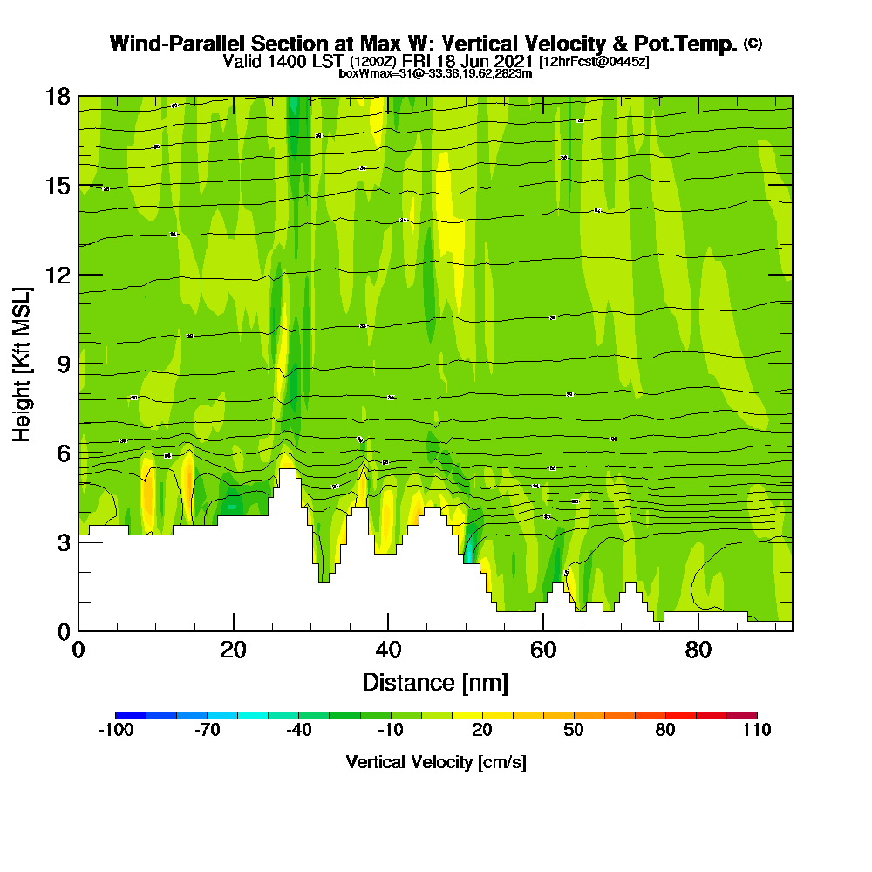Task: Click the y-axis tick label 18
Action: point(58,96)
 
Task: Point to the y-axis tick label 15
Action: point(58,185)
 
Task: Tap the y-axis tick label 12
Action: point(58,275)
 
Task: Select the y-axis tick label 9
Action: point(64,364)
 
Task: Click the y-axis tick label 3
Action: point(64,542)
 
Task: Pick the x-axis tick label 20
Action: point(234,650)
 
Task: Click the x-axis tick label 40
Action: point(388,650)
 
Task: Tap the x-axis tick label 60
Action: point(543,650)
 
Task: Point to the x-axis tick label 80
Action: point(698,650)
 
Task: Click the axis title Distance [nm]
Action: point(435,682)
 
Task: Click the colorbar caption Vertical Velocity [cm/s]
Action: point(436,762)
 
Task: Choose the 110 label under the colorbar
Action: point(757,731)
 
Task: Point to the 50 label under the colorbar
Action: point(574,731)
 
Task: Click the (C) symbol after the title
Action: point(753,44)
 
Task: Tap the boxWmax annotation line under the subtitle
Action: point(435,73)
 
